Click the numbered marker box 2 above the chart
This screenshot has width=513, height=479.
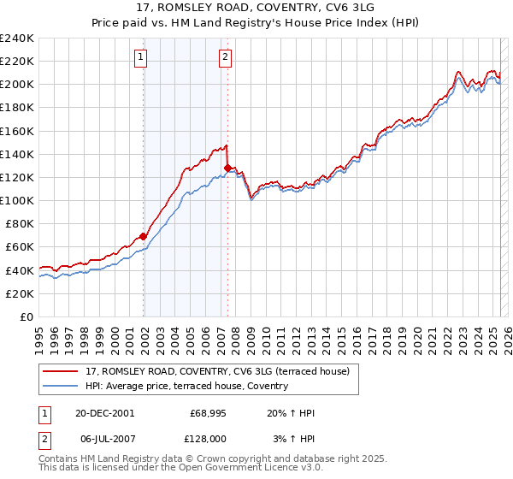tap(224, 57)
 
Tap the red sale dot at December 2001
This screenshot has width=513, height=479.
tap(144, 236)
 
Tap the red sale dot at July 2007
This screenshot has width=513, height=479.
tap(227, 168)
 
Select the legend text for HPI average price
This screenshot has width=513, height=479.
tap(186, 386)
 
